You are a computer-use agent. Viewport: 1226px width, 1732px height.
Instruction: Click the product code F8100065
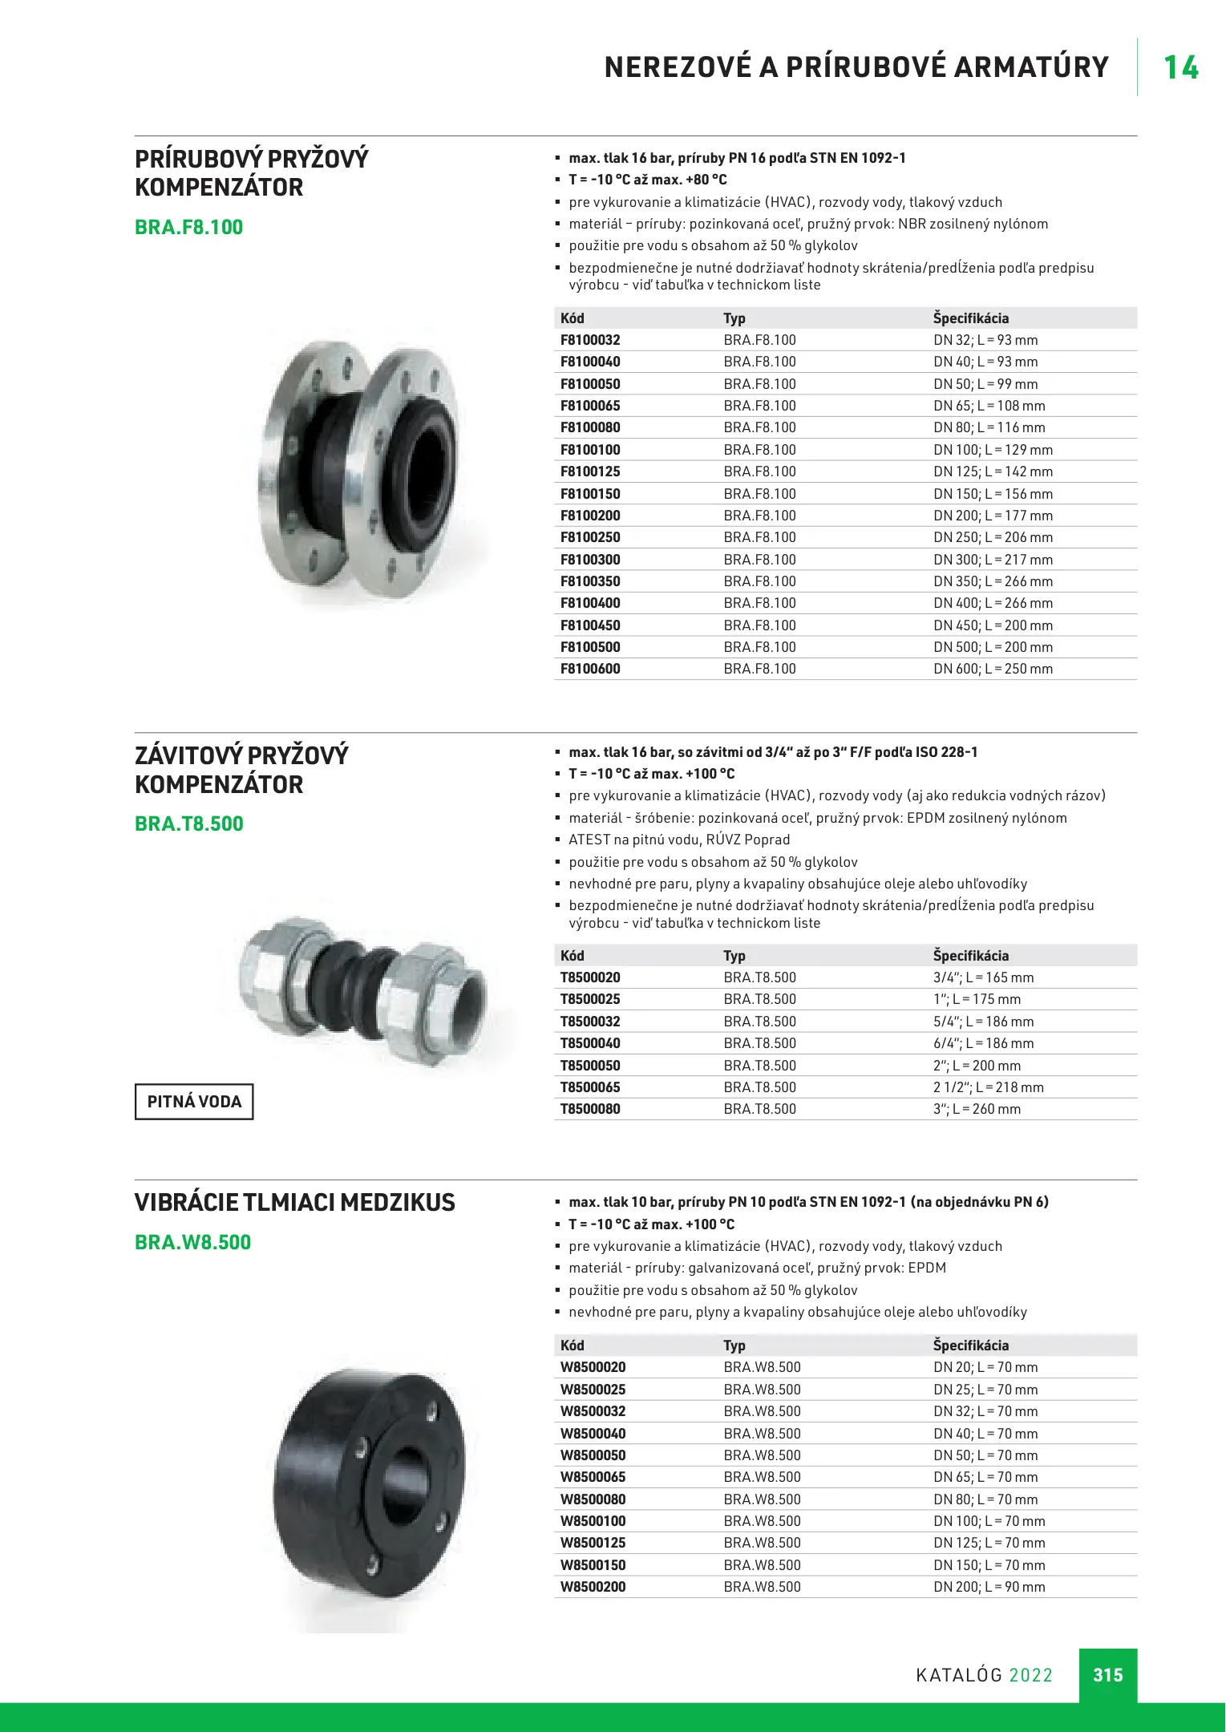tap(590, 406)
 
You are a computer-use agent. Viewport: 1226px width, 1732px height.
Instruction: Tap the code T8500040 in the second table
tap(590, 1043)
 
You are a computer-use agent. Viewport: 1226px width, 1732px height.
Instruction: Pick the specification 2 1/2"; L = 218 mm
tap(988, 1087)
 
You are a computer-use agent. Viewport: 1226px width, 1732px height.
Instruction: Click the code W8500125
tap(593, 1543)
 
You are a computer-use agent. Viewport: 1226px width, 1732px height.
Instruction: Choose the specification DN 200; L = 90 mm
tap(989, 1587)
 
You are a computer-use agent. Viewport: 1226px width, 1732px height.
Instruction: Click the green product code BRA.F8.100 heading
tap(188, 227)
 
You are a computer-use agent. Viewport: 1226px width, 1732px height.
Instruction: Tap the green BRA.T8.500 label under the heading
tap(188, 824)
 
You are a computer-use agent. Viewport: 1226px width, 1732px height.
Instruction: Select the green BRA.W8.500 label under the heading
tap(192, 1242)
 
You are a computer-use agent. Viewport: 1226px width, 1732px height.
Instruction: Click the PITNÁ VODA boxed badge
tap(194, 1102)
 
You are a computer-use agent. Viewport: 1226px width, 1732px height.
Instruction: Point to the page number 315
tap(1107, 1675)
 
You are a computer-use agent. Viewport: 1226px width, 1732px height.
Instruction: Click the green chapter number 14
tap(1180, 67)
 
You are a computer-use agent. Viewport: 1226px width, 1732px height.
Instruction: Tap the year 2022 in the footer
tap(1030, 1675)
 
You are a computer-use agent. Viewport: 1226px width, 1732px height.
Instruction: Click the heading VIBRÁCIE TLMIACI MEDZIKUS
tap(294, 1203)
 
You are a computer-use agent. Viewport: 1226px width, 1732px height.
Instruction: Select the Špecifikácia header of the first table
tap(970, 318)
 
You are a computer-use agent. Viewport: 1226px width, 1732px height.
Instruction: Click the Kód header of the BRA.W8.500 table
tap(572, 1346)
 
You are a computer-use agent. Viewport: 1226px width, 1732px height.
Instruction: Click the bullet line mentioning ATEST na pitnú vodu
tap(678, 840)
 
